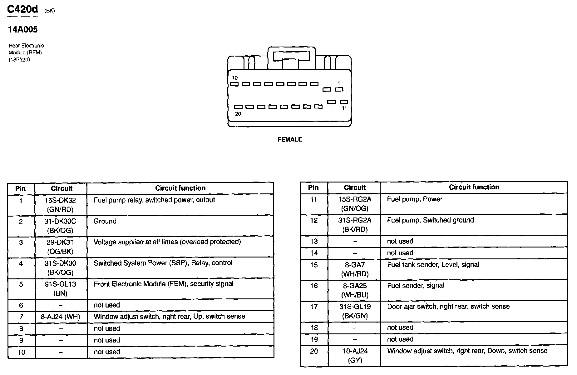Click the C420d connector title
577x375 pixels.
[x=22, y=9]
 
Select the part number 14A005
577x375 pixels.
[x=23, y=30]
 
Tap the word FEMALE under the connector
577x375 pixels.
[x=289, y=139]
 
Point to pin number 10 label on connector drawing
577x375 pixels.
[x=234, y=78]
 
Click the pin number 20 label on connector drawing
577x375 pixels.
[x=238, y=114]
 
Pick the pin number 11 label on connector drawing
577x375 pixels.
[x=344, y=108]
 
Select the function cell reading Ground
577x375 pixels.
[x=105, y=221]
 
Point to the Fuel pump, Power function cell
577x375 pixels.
[x=415, y=199]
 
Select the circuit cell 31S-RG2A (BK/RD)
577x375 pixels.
[x=355, y=225]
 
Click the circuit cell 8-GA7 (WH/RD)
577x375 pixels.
[x=355, y=269]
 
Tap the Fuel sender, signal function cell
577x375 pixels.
[x=416, y=285]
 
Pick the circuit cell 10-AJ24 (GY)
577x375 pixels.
[x=355, y=356]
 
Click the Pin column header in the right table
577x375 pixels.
[x=313, y=187]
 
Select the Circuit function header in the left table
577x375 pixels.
[x=180, y=188]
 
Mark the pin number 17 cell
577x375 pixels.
[x=314, y=307]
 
